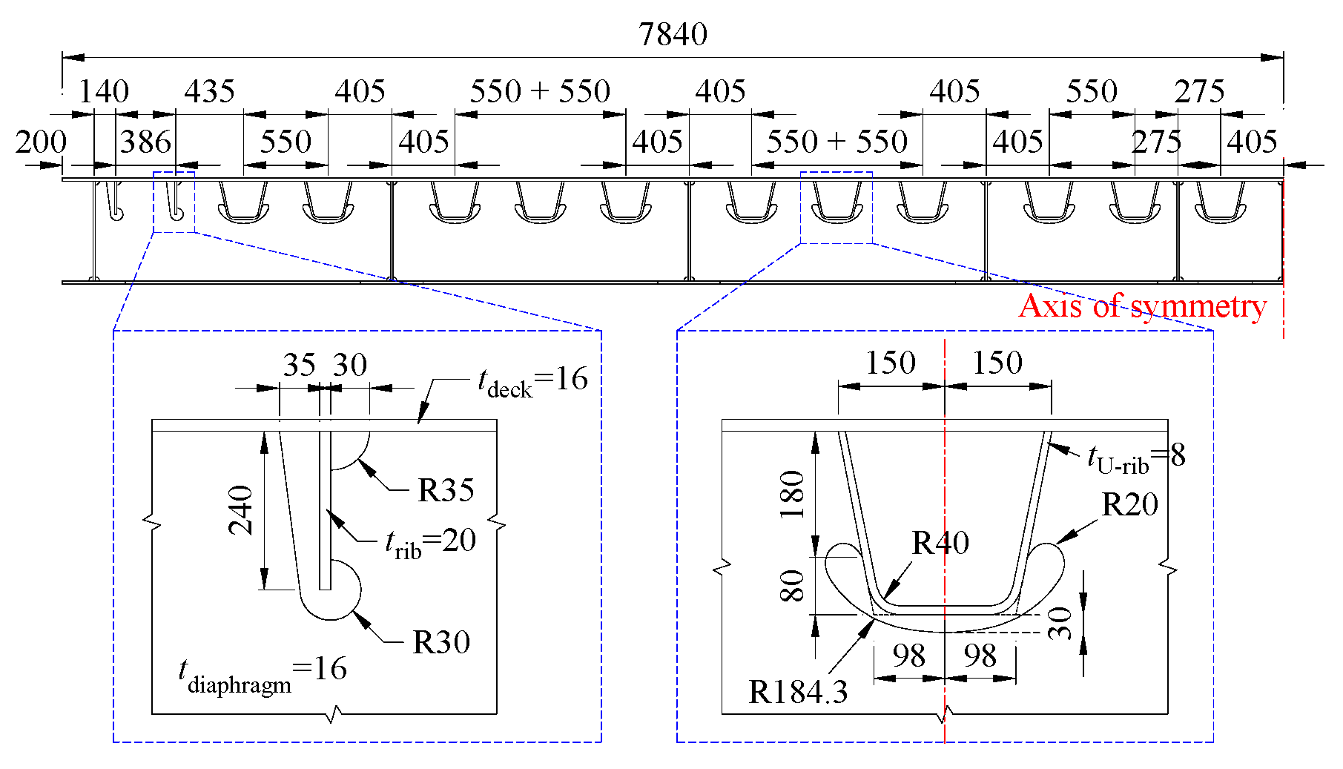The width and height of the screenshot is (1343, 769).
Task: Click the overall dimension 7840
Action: pyautogui.click(x=673, y=34)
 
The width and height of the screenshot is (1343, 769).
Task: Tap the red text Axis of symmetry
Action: pyautogui.click(x=1142, y=306)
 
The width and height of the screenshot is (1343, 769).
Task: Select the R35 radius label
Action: pyautogui.click(x=445, y=490)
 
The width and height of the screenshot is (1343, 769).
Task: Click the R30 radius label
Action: pyautogui.click(x=440, y=642)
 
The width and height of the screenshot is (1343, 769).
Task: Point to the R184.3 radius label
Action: pyautogui.click(x=797, y=692)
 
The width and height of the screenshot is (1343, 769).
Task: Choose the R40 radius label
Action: pyautogui.click(x=940, y=543)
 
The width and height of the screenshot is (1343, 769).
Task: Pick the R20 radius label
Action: pyautogui.click(x=1129, y=505)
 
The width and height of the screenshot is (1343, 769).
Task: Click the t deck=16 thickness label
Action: pyautogui.click(x=532, y=381)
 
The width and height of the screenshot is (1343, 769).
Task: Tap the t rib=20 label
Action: pyautogui.click(x=430, y=542)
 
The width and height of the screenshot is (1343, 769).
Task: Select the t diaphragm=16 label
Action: pyautogui.click(x=262, y=672)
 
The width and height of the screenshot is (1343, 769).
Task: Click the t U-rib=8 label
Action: pyautogui.click(x=1135, y=458)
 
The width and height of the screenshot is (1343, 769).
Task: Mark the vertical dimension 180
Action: pyautogui.click(x=793, y=494)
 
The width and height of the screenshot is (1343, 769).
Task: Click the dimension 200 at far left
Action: pyautogui.click(x=41, y=142)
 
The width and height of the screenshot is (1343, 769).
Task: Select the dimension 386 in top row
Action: pyautogui.click(x=145, y=142)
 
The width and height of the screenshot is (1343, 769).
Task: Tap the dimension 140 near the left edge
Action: pyautogui.click(x=104, y=92)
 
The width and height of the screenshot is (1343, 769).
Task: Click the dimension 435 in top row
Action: pyautogui.click(x=209, y=92)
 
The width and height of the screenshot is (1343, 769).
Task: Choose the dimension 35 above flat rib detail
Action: pyautogui.click(x=299, y=365)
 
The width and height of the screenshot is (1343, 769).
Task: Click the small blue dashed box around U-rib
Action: pyautogui.click(x=837, y=208)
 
